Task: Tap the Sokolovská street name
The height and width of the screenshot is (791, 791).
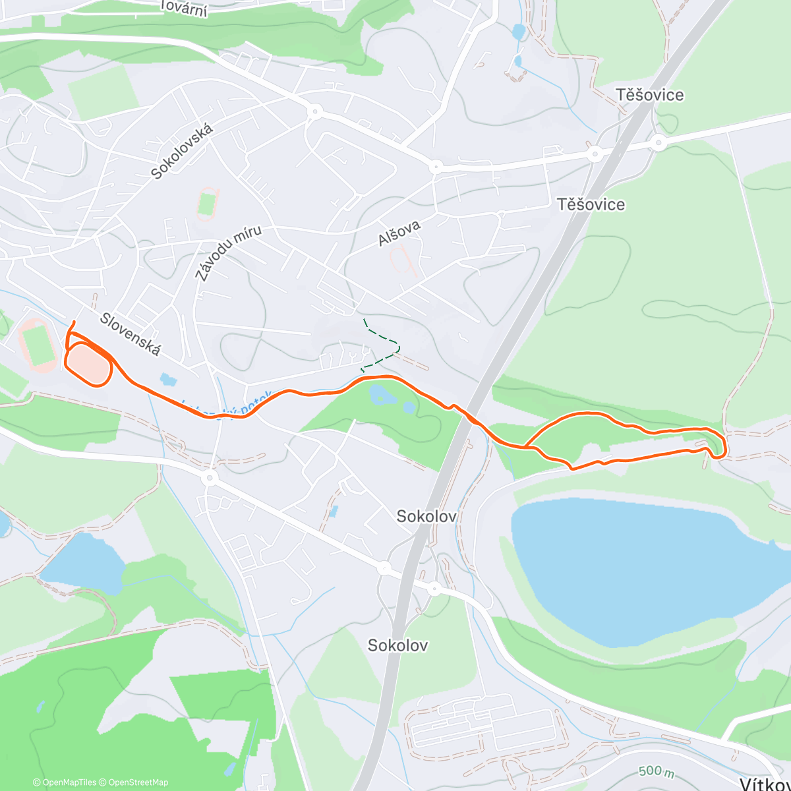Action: tap(182, 152)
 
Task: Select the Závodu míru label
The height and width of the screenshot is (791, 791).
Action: tap(228, 253)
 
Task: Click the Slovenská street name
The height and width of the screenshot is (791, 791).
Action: tap(130, 334)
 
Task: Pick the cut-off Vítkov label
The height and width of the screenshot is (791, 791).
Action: tap(765, 783)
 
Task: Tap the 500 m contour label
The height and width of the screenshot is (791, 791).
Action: tap(657, 771)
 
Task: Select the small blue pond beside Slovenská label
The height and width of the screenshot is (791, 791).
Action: tap(168, 380)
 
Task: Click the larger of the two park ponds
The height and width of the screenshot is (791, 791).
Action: tap(381, 395)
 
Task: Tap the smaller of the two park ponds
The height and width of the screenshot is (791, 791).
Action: tap(409, 408)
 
